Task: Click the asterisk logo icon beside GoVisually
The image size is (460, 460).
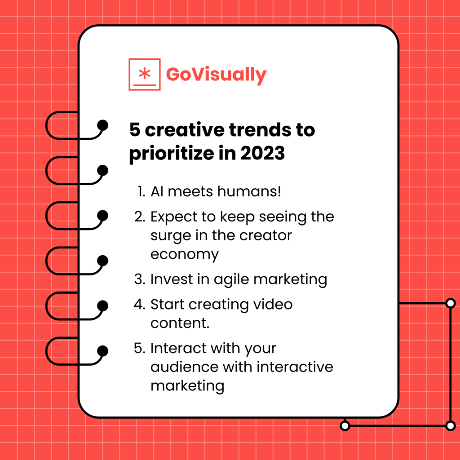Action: (144, 74)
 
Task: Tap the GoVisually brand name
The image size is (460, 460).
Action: (216, 75)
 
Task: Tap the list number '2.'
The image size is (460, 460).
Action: (140, 217)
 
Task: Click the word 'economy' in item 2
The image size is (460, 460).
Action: (185, 254)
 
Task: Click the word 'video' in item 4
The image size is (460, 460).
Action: (271, 304)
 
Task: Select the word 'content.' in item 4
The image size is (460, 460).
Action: (180, 323)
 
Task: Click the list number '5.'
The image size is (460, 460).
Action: (140, 348)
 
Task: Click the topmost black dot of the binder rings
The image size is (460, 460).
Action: (103, 125)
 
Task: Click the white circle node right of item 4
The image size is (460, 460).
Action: (450, 304)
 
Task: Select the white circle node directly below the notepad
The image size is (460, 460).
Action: (345, 425)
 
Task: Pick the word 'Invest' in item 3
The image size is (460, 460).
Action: (169, 279)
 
